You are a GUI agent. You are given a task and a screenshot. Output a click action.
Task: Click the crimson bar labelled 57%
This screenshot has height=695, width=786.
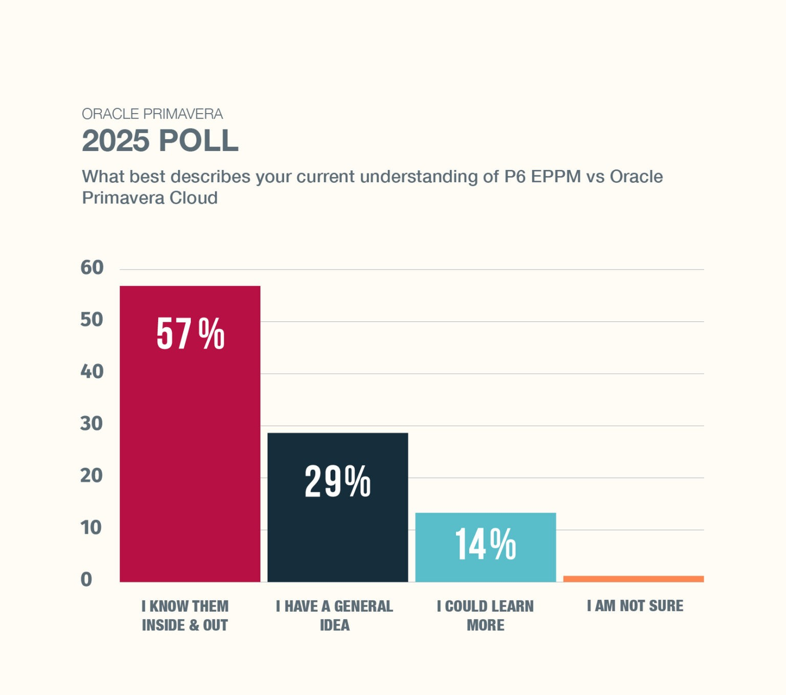point(190,450)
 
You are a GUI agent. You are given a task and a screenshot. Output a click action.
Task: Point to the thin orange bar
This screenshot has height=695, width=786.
point(633,579)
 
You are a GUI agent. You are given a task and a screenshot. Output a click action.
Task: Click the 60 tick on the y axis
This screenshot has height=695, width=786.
point(92,268)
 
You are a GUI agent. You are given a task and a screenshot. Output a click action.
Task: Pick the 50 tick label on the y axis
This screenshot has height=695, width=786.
point(92,320)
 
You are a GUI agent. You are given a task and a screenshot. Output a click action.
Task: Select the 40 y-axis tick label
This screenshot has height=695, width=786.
point(92,372)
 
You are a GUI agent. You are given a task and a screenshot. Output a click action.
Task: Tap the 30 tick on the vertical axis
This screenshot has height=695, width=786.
point(92,424)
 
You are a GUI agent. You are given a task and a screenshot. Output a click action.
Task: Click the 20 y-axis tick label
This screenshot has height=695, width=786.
point(92,476)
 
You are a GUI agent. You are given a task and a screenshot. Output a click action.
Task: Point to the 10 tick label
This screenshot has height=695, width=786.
point(91,528)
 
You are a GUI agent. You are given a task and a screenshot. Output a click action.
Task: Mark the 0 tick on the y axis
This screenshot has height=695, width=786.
point(86,580)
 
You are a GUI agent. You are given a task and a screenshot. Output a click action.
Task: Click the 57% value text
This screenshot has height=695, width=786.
point(190,334)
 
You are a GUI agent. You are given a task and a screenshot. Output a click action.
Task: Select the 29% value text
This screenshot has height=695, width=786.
point(338,481)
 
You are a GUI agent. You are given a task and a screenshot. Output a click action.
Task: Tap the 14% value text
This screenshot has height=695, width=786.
point(486,544)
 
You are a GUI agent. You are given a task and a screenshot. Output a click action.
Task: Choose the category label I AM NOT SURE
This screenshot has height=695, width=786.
point(635,606)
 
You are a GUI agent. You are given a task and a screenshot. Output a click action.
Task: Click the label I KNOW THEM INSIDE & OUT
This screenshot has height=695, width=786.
point(185,616)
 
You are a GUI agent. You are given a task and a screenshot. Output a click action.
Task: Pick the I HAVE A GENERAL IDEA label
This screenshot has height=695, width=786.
point(334,616)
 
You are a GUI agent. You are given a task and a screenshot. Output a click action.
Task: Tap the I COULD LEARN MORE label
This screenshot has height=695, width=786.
point(486,616)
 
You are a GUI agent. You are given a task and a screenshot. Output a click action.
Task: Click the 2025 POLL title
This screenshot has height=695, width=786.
point(160,140)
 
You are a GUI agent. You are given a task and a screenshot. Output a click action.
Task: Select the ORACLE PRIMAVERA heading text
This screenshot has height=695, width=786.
point(152,114)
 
